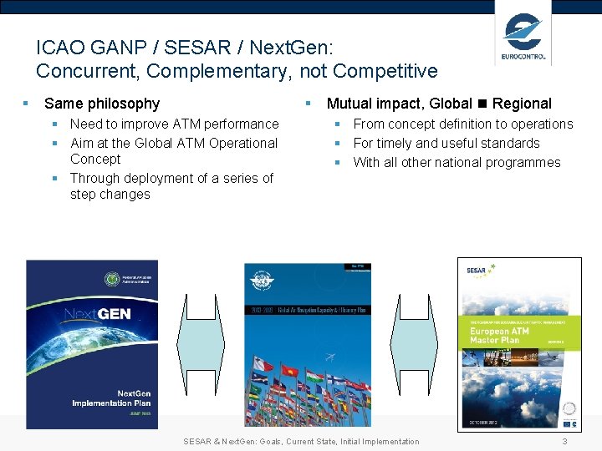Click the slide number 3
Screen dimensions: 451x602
[x=564, y=441]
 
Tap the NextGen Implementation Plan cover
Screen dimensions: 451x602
[x=80, y=344]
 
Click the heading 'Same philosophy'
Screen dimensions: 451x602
[x=101, y=104]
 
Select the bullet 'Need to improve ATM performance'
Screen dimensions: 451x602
[x=174, y=124]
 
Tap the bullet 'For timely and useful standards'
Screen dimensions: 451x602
[x=446, y=143]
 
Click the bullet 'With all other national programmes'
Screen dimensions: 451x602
[x=457, y=162]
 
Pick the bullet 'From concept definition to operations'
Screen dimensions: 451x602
[x=463, y=124]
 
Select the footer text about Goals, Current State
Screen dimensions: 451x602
[x=301, y=441]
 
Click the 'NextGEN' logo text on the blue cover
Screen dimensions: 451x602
[x=97, y=316]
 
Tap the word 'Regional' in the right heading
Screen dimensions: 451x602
[x=522, y=104]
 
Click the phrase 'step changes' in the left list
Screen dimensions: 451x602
[x=110, y=195]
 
